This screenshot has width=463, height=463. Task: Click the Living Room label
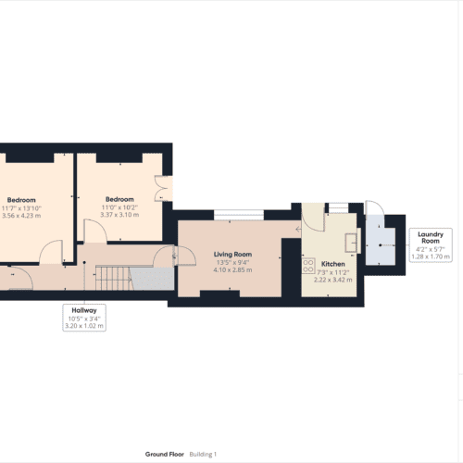[233, 254]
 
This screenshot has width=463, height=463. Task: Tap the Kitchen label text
[332, 263]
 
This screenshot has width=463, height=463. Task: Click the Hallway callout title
[83, 310]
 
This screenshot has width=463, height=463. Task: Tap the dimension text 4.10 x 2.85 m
[233, 269]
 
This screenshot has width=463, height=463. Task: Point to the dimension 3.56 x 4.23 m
[22, 215]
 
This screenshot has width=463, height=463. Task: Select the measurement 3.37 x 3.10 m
[119, 215]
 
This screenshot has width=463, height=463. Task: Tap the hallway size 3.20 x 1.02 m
[83, 326]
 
